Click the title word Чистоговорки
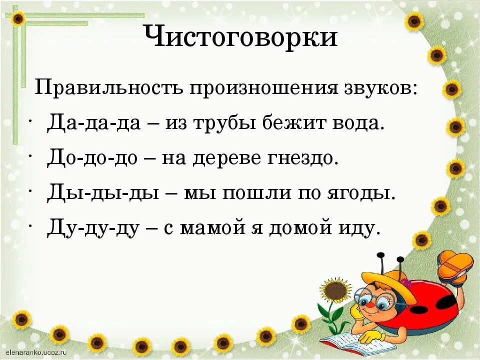click(x=240, y=38)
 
